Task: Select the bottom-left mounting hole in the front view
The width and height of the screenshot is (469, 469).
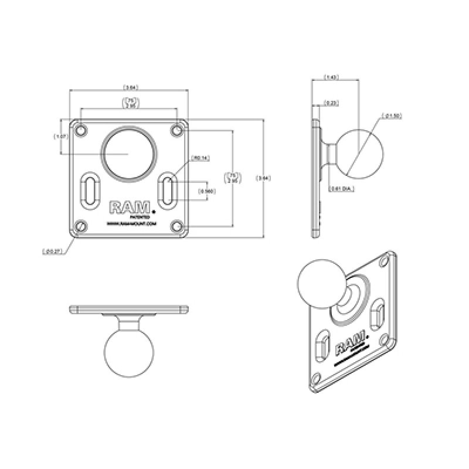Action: [81, 226]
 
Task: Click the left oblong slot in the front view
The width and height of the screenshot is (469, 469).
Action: [91, 190]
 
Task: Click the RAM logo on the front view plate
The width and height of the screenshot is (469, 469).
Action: [130, 207]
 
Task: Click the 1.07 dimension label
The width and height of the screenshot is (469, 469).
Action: [60, 136]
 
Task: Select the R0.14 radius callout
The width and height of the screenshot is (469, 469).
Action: [200, 158]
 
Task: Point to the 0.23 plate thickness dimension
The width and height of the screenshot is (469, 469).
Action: [331, 103]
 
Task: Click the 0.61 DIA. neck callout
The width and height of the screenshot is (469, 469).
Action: [341, 189]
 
